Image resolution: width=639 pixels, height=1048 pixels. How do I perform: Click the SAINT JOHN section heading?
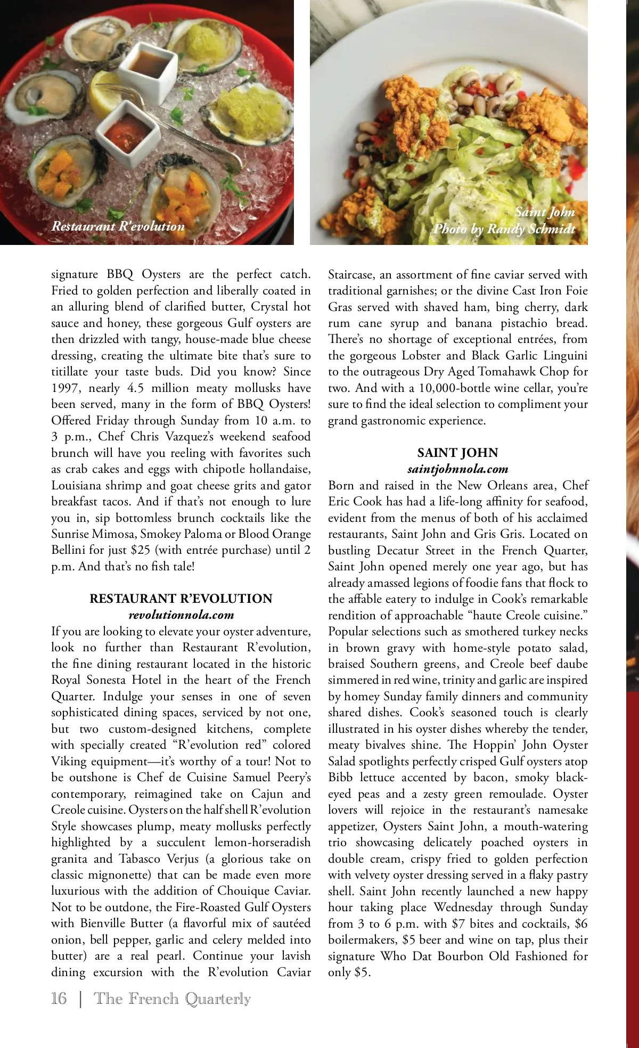click(x=457, y=453)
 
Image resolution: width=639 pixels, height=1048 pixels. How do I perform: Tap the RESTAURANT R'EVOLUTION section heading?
click(x=181, y=599)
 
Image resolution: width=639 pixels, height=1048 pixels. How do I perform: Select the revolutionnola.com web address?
click(x=181, y=615)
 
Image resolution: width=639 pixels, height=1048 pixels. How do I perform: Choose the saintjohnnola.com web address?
click(x=457, y=469)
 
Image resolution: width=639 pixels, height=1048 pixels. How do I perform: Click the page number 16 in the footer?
click(x=59, y=998)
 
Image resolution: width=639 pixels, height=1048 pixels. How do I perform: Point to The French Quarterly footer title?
click(x=172, y=998)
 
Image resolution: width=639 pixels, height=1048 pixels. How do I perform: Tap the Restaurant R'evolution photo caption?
click(x=118, y=226)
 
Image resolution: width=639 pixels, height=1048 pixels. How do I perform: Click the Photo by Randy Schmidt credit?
click(x=504, y=229)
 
